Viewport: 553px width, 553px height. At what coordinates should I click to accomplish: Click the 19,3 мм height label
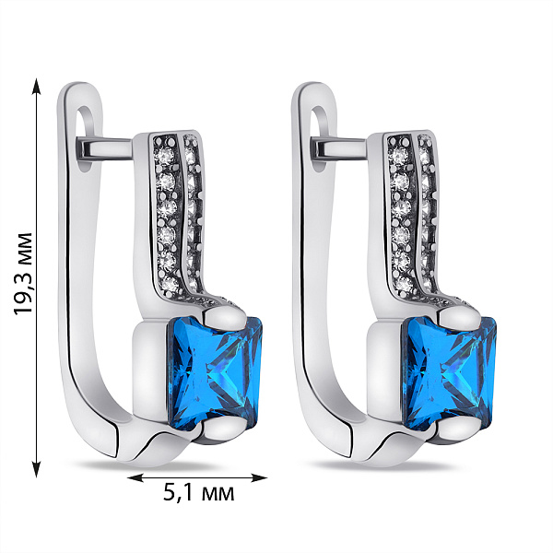tap(23, 274)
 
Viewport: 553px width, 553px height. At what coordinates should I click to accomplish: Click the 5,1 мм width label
tap(198, 492)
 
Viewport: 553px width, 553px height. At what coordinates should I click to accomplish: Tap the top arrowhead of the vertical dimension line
tap(36, 87)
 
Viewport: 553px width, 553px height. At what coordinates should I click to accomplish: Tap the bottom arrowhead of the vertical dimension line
tap(36, 469)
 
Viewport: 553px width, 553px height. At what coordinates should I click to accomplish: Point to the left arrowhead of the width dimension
tap(135, 477)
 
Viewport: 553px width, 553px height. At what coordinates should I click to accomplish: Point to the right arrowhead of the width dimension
tap(258, 477)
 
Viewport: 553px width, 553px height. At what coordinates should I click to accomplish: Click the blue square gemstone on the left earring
tap(216, 372)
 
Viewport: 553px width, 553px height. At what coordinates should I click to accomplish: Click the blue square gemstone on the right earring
tap(451, 372)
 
